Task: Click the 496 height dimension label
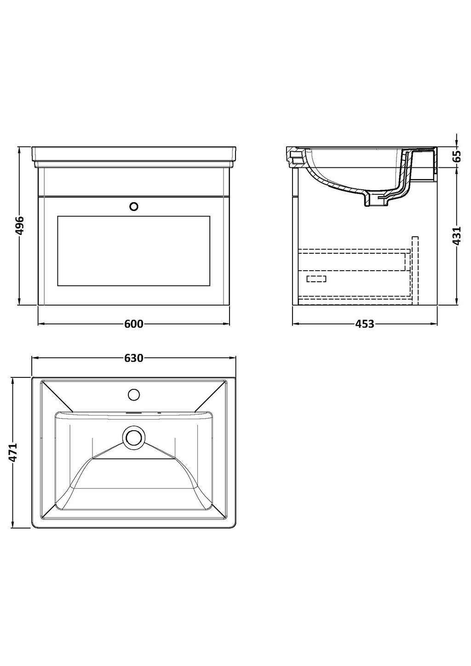20,225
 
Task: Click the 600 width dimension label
133,324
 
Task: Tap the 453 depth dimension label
364,324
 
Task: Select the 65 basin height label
457,156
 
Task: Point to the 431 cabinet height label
457,236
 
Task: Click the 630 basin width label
133,358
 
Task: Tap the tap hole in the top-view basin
134,394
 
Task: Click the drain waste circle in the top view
134,438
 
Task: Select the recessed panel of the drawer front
133,251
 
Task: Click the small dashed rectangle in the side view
316,279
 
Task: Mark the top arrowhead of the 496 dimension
20,149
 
